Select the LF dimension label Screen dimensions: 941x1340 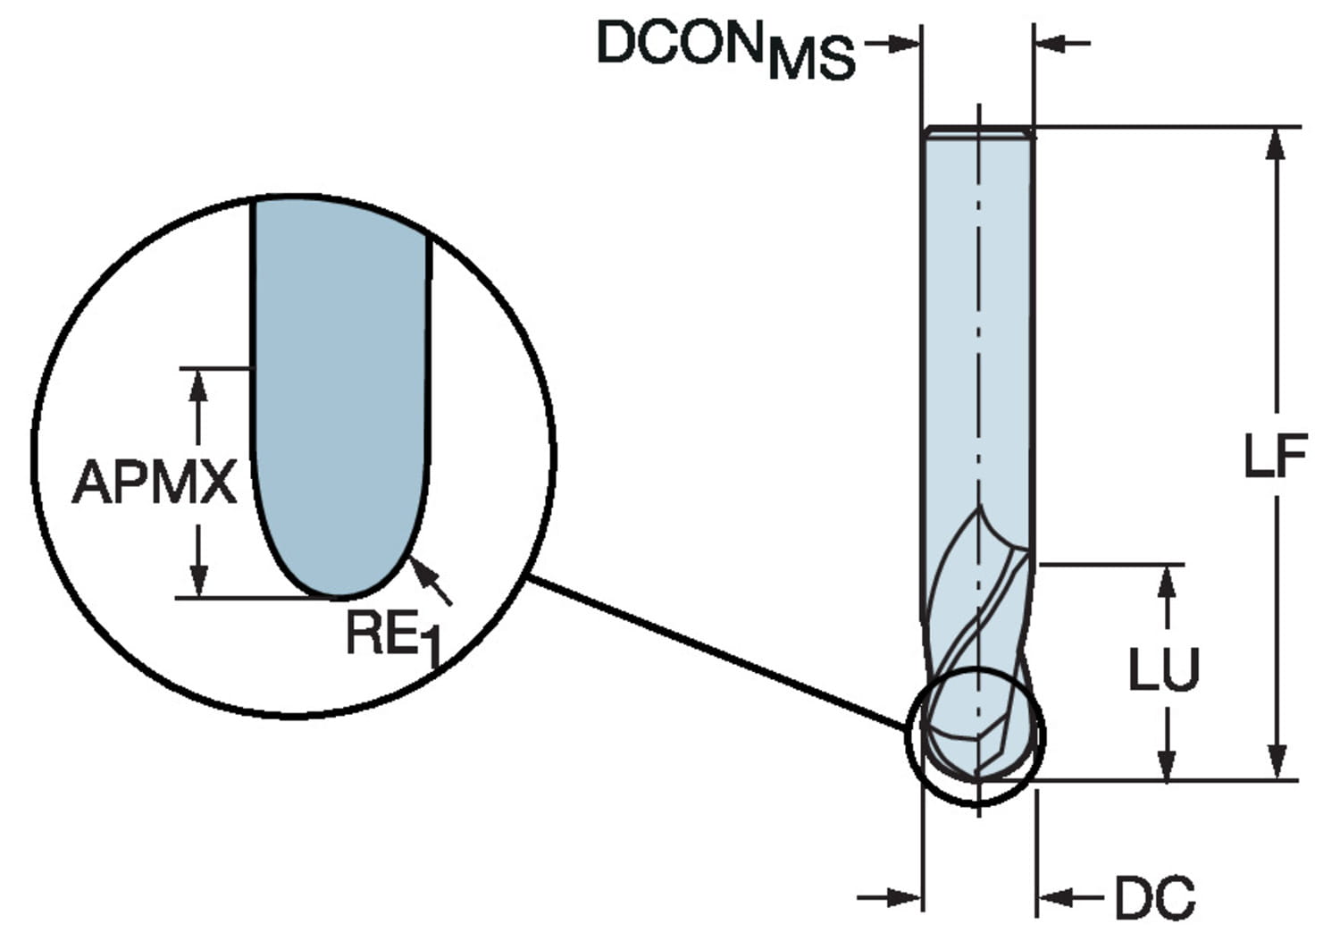[1275, 456]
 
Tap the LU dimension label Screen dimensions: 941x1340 [1163, 669]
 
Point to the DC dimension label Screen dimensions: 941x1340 [1154, 898]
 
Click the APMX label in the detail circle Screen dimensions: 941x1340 [154, 483]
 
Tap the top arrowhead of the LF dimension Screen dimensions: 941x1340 [1277, 143]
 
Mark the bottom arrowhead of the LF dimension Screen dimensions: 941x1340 [1277, 764]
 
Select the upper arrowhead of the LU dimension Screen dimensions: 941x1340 [1166, 581]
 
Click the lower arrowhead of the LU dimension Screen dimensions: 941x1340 [1166, 765]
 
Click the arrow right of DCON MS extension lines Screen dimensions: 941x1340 [1059, 42]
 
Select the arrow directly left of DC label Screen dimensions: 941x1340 [1063, 896]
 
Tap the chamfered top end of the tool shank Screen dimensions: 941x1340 [978, 133]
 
